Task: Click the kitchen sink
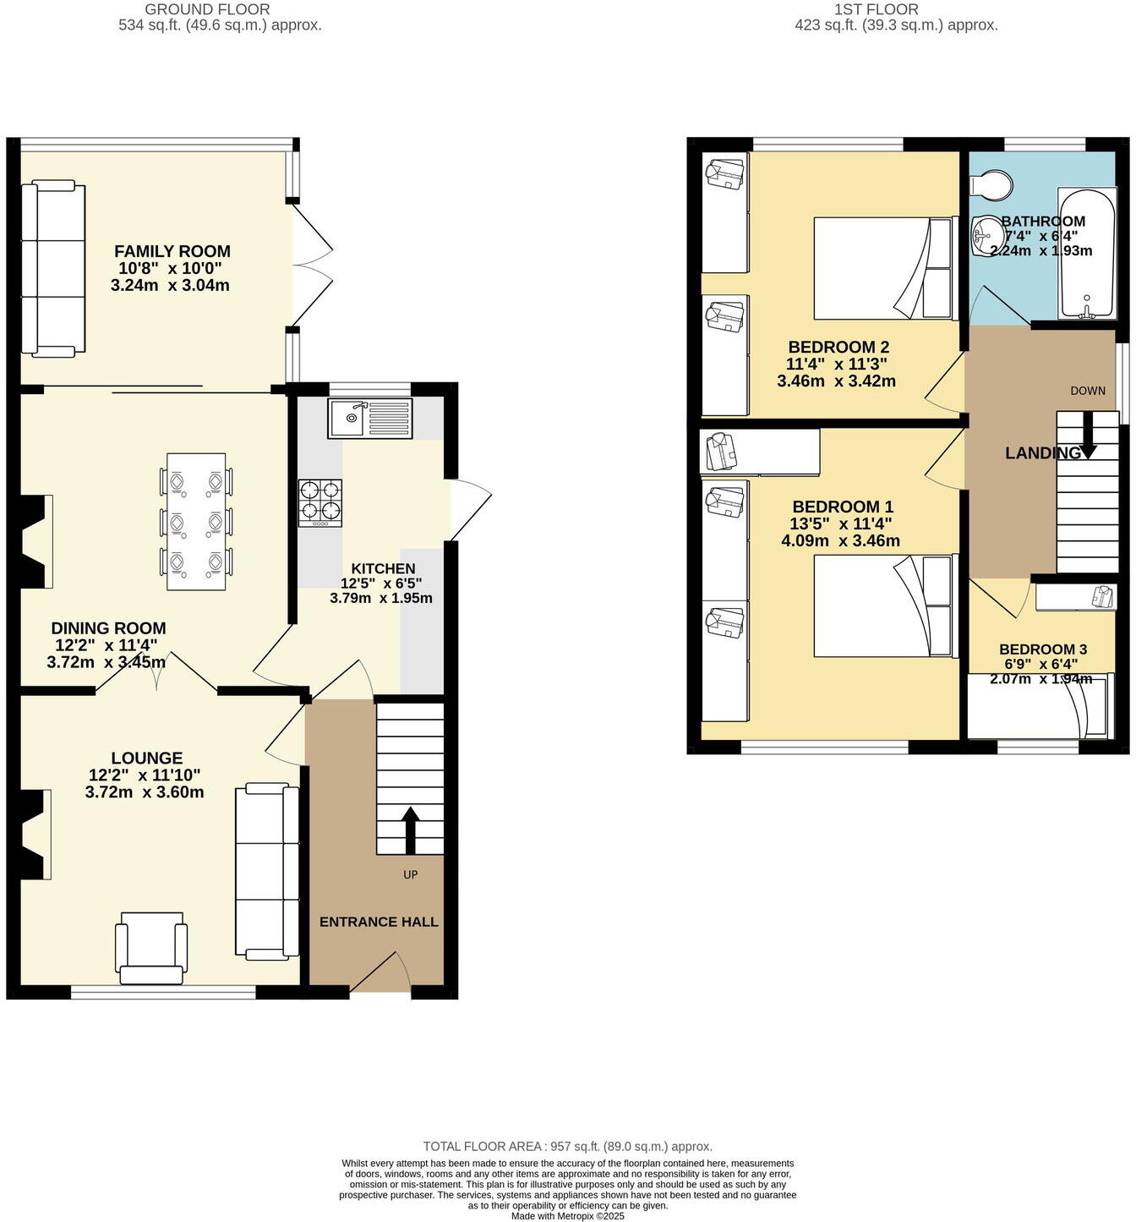(x=369, y=418)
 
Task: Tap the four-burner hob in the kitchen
(x=320, y=502)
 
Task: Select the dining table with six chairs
(x=197, y=522)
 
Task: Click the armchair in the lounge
(x=151, y=948)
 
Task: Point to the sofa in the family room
(x=53, y=267)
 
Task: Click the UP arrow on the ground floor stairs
(x=410, y=830)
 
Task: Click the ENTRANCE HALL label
(x=379, y=922)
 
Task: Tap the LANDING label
(x=1042, y=453)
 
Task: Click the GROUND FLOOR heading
(x=207, y=9)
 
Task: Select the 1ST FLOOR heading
(x=876, y=9)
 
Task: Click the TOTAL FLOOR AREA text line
(x=567, y=1147)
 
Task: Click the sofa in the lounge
(x=267, y=871)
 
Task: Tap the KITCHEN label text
(x=383, y=568)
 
